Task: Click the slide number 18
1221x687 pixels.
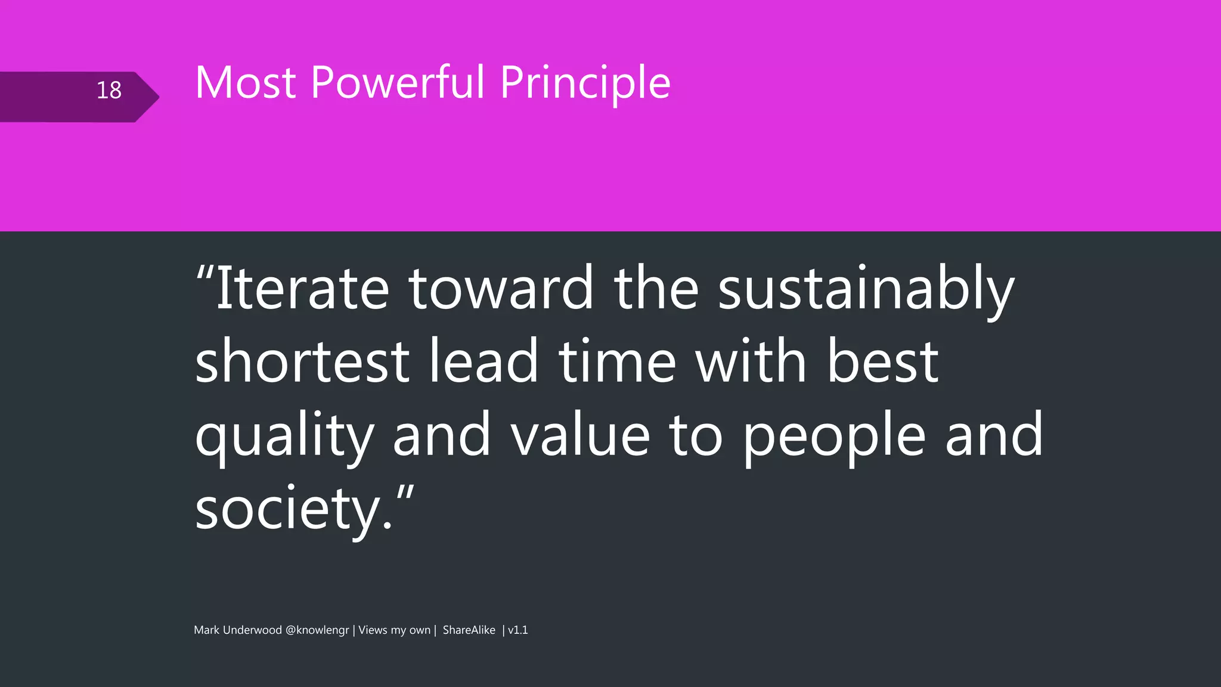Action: (x=109, y=90)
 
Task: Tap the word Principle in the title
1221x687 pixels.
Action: (x=585, y=83)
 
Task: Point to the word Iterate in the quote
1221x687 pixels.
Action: (x=302, y=289)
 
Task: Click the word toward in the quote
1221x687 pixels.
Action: (x=501, y=289)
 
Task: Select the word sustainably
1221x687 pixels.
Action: (x=866, y=290)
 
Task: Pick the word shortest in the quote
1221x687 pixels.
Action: (x=302, y=361)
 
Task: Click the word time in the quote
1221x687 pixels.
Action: (x=617, y=361)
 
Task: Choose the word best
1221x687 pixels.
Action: (x=883, y=361)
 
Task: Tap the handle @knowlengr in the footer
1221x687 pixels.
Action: (x=317, y=630)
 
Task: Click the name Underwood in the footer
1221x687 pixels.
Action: (x=252, y=630)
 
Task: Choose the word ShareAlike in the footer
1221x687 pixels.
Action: (x=469, y=630)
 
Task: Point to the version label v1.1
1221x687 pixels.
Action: (x=517, y=630)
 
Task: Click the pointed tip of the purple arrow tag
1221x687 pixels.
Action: (x=158, y=97)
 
